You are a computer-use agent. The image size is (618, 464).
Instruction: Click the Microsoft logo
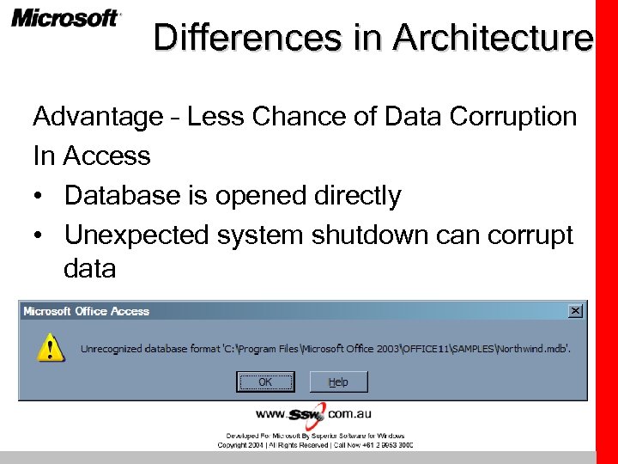pos(66,19)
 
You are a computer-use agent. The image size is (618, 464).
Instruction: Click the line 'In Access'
pos(91,156)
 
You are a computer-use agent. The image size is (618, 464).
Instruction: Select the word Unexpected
pos(137,235)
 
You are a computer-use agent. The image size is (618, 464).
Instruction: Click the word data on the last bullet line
pos(89,269)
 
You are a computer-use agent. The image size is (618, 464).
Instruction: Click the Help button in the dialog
pos(338,382)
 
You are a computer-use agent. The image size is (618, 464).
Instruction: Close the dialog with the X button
pos(575,311)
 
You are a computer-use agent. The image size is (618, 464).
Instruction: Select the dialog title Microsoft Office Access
pos(87,311)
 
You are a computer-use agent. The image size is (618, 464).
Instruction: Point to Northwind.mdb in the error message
pos(533,348)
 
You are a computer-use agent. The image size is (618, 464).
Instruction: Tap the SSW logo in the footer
pos(306,414)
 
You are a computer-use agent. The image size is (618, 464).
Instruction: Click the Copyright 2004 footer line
pos(314,445)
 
